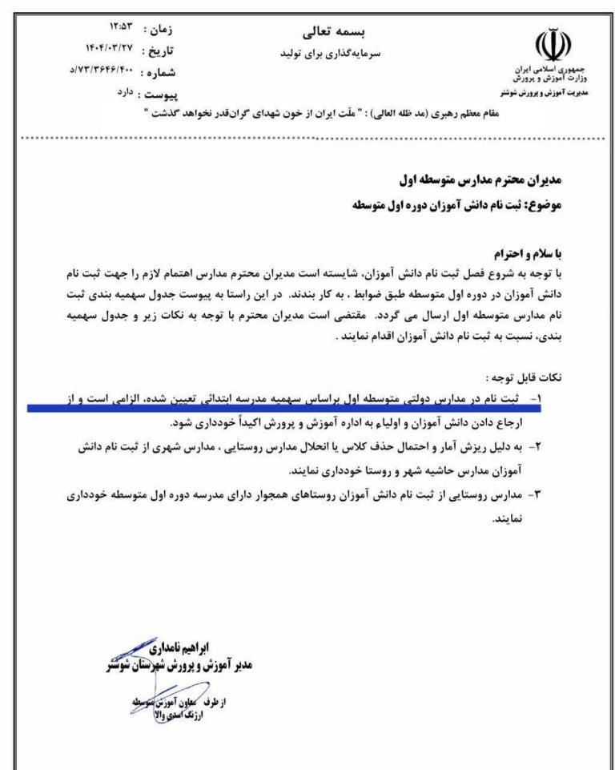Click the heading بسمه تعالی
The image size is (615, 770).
(x=324, y=33)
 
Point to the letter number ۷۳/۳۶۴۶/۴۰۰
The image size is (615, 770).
(x=95, y=71)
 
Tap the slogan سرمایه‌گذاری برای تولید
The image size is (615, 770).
(x=324, y=54)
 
